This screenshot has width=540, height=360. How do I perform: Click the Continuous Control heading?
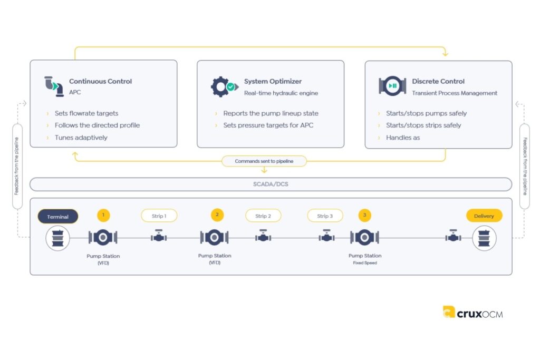(x=100, y=81)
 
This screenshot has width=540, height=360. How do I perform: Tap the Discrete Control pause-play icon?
(x=392, y=86)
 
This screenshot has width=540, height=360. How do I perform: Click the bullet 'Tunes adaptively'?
(x=81, y=138)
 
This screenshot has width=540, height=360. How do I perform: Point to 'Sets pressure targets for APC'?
(x=268, y=125)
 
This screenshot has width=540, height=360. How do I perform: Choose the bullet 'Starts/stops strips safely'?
(x=423, y=125)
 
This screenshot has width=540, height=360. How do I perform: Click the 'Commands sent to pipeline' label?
(x=264, y=161)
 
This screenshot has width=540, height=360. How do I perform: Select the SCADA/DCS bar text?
(x=271, y=184)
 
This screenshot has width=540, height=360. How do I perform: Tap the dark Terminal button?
(x=57, y=216)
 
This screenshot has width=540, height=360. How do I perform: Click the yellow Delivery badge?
(x=484, y=216)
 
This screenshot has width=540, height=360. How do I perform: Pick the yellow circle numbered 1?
(x=103, y=215)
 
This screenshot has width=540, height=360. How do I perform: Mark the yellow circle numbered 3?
(x=364, y=215)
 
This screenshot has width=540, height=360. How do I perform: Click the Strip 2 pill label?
(x=263, y=216)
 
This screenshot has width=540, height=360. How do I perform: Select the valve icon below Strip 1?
(x=159, y=238)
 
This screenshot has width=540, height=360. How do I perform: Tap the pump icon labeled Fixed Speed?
(x=364, y=238)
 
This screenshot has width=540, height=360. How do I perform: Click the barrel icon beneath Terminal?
(x=57, y=238)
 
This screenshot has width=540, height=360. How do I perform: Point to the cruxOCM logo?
(x=472, y=313)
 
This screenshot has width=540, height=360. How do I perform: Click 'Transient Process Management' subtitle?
(x=455, y=93)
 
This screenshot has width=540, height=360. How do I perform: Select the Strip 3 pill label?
(x=325, y=216)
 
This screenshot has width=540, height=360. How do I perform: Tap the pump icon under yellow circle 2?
(x=214, y=238)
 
